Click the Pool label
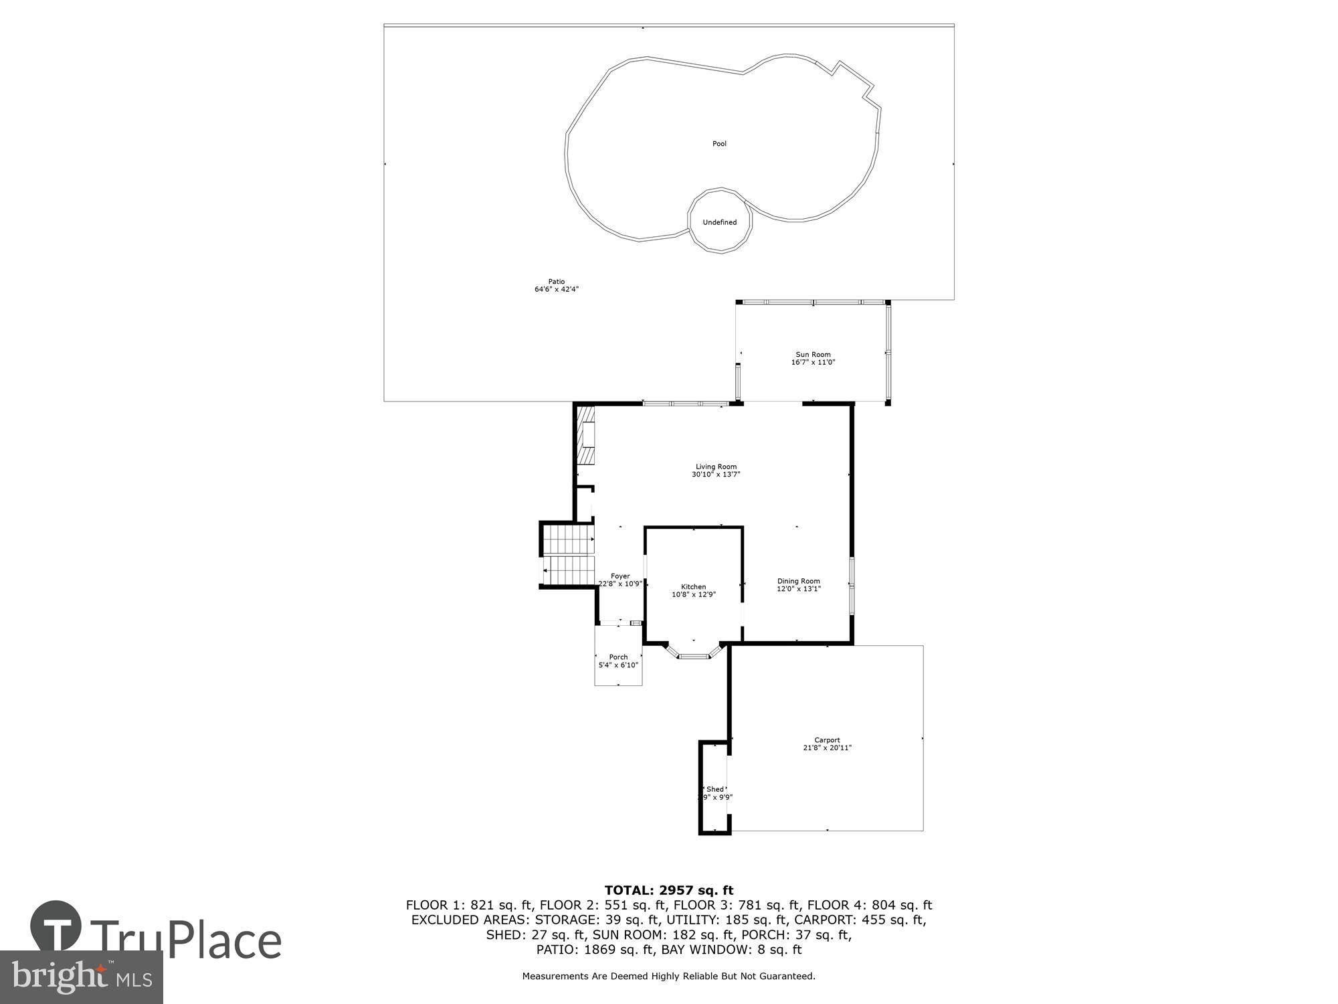pos(719,144)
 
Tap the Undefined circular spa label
pos(719,222)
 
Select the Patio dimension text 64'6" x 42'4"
pos(556,290)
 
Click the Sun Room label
pos(813,355)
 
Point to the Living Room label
pos(716,467)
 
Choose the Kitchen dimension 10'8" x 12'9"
pos(694,594)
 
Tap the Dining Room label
pos(798,581)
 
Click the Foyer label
pos(620,576)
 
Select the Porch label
pos(618,657)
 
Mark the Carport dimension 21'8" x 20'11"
pos(827,748)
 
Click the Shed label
pos(715,789)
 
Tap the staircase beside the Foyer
pos(568,555)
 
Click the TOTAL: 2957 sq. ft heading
pos(668,890)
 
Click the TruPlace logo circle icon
pos(56,927)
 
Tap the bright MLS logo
pos(81,977)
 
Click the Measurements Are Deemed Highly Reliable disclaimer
pos(668,977)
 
